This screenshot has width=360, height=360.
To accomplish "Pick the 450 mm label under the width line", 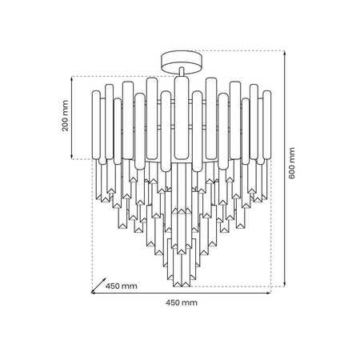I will click(x=180, y=303).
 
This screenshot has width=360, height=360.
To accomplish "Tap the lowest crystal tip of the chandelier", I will click(x=180, y=286).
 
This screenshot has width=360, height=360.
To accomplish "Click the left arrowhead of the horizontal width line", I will click(x=93, y=294).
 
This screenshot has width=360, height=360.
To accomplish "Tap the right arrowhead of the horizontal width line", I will click(x=269, y=294).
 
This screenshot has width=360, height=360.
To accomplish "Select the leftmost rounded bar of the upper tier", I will click(x=99, y=120).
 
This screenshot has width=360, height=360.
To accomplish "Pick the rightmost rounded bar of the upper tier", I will click(x=263, y=120).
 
